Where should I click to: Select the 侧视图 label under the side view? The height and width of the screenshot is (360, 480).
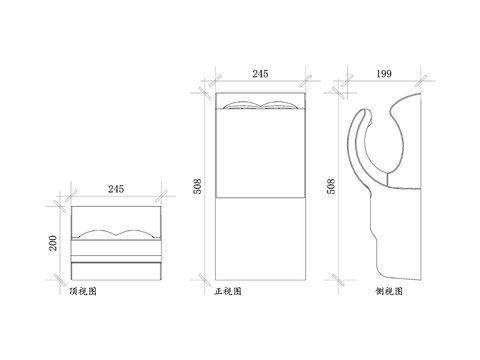(389, 292)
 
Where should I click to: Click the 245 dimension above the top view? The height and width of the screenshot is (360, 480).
(116, 188)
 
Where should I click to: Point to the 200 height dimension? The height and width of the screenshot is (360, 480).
(52, 242)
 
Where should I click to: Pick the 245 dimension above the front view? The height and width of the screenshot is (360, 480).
(259, 74)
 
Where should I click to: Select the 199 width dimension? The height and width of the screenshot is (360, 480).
(385, 74)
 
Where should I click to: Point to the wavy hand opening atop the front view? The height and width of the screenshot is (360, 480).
(259, 106)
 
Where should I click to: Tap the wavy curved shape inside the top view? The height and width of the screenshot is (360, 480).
(116, 235)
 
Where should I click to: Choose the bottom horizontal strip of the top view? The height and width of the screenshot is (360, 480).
(116, 272)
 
